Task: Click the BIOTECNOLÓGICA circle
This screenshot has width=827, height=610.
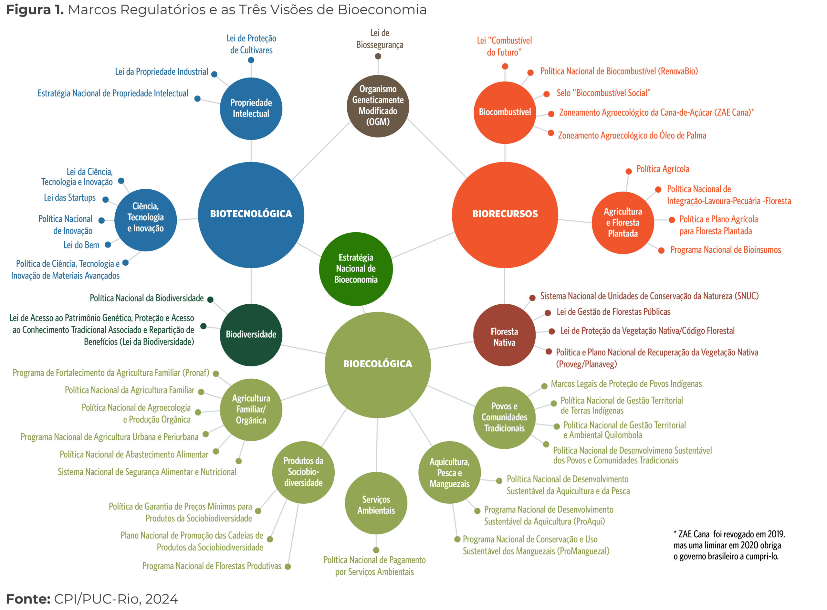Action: (251, 215)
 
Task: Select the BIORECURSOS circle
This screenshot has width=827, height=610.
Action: (505, 215)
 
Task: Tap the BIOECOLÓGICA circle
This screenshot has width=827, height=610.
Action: (378, 365)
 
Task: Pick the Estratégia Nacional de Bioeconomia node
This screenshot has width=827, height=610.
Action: (356, 269)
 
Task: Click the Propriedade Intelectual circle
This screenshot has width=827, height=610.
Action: (251, 109)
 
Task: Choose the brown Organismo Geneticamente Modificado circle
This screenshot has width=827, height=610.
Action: (378, 106)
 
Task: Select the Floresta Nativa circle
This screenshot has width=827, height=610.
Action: (504, 335)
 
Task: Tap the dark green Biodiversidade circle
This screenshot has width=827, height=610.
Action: (251, 335)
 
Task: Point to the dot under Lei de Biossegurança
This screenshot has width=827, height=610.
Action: (378, 56)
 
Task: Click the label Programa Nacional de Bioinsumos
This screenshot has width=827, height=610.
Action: (726, 250)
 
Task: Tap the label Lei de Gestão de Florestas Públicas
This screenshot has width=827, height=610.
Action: (613, 312)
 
